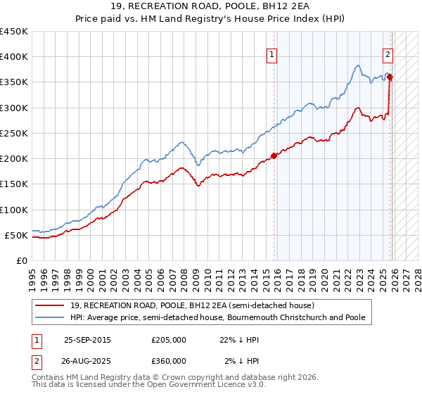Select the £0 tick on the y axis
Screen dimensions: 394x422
pos(22,261)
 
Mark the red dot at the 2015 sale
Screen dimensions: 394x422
pos(274,156)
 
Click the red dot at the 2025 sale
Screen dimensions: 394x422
pos(390,77)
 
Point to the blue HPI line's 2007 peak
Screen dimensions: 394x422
pos(181,142)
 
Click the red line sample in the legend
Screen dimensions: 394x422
pos(50,305)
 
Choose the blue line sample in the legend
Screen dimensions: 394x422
pos(50,317)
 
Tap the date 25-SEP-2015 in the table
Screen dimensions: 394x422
pos(87,340)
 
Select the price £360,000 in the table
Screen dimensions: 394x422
pos(169,361)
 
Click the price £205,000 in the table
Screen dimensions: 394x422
pos(169,340)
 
